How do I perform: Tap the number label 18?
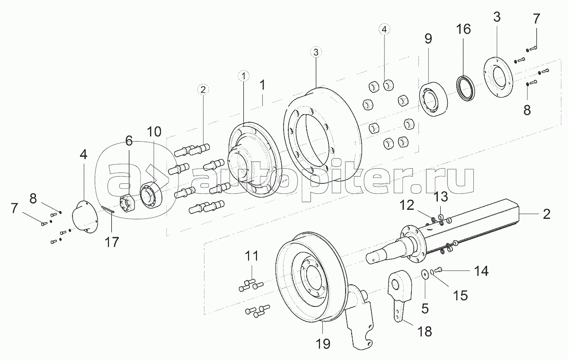(425, 331)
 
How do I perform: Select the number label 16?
(463, 29)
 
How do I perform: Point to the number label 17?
(112, 242)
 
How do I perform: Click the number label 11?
(251, 256)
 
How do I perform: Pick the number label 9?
(428, 39)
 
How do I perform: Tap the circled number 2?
(203, 89)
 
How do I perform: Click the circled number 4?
(384, 29)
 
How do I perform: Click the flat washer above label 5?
(426, 274)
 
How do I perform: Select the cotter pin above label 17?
(108, 209)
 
